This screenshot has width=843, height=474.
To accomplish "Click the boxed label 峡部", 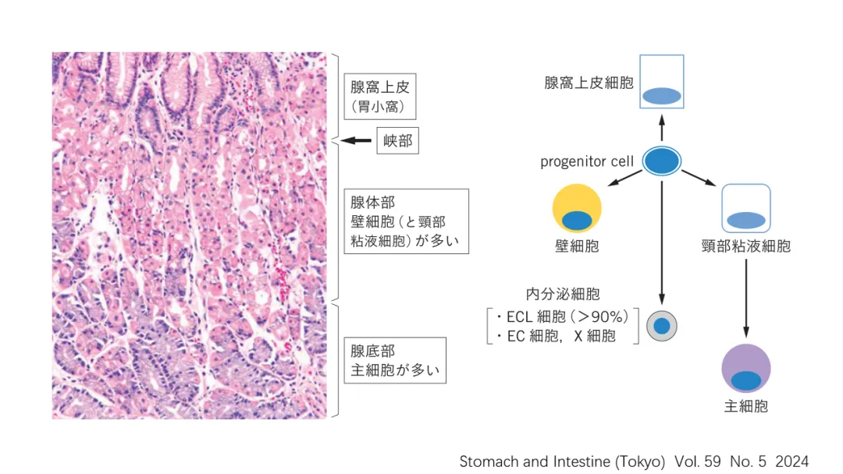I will (x=398, y=141).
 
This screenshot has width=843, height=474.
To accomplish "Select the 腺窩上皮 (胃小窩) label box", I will (x=380, y=97).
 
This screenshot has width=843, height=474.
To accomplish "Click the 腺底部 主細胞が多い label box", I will (x=395, y=360).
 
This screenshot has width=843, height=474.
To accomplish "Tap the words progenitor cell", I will (x=587, y=162).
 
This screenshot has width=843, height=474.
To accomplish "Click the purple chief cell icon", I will (x=746, y=369).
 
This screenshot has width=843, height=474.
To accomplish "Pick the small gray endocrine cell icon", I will (x=662, y=326).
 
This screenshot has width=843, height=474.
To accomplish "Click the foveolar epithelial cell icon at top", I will (x=661, y=82).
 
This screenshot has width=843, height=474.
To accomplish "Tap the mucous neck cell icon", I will (x=745, y=208).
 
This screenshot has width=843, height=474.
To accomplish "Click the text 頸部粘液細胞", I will (x=746, y=246).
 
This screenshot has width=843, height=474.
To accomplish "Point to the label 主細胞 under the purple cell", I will (x=746, y=406).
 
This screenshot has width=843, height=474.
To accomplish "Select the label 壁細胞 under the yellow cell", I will (x=577, y=246).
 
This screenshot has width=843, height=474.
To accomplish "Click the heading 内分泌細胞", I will (x=563, y=294).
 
